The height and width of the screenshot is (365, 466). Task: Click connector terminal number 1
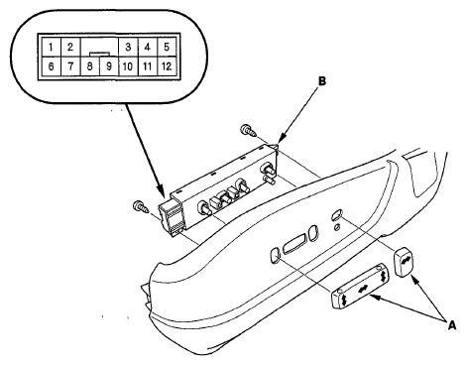click(51, 47)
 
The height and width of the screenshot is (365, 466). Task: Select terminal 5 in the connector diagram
click(167, 47)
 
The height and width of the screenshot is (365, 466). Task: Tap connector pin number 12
click(167, 66)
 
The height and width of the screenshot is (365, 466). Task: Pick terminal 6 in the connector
click(51, 66)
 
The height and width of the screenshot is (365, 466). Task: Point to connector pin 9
click(109, 66)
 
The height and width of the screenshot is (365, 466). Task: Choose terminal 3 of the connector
click(128, 47)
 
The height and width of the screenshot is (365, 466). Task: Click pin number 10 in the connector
click(128, 66)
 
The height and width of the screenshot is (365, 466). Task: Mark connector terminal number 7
click(70, 66)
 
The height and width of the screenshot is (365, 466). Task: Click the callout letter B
click(321, 81)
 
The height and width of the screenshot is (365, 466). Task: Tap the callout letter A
click(452, 325)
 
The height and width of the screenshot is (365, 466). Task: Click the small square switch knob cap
click(404, 263)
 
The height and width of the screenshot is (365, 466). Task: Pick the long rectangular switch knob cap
click(360, 286)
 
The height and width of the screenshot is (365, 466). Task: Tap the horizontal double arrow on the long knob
click(363, 289)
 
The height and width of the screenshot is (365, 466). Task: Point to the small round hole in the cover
click(336, 227)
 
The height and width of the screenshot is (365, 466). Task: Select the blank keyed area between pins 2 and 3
click(99, 47)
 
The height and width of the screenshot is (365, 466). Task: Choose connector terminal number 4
click(148, 47)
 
